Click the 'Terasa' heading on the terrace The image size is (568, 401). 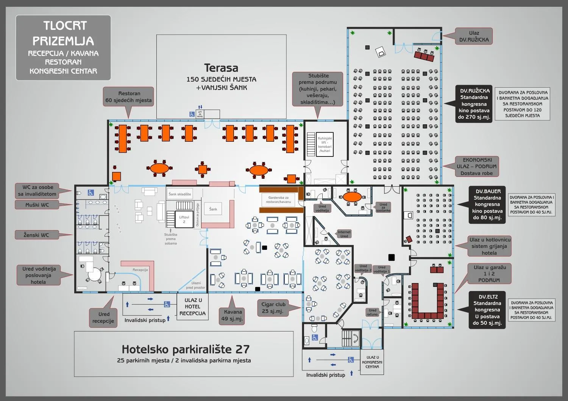pos(221,68)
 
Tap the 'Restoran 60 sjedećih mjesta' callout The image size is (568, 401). pos(129,97)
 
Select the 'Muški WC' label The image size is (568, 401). pos(37,205)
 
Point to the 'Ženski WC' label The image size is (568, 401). pos(36,235)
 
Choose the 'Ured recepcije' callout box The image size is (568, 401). pos(103,317)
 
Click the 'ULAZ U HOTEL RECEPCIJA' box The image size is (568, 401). pos(192,307)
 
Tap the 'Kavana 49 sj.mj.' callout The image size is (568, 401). pos(233,315)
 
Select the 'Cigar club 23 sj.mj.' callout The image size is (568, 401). pos(273,308)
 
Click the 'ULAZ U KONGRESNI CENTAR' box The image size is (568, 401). pos(372,362)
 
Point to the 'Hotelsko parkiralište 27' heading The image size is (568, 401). pos(186,349)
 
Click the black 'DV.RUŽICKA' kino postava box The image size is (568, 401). pos(474,104)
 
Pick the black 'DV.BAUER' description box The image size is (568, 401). pos(487,204)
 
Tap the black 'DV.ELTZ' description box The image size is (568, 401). pos(487,310)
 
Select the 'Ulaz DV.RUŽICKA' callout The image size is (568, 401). pos(473,36)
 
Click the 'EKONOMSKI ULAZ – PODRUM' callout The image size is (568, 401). pos(476,166)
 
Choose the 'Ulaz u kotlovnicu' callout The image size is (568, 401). pos(490,246)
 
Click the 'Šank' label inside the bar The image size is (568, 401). pos(213,209)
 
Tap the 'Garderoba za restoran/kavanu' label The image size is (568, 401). pos(278,200)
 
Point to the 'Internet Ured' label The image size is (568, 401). pos(344,234)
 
